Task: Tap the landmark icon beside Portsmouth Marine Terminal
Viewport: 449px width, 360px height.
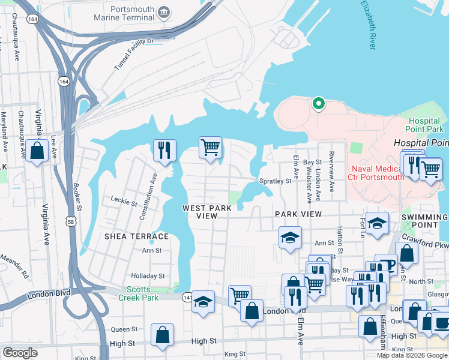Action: (163, 11)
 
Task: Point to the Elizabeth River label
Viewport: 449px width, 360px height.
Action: (369, 24)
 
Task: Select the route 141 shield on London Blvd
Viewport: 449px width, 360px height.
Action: (188, 296)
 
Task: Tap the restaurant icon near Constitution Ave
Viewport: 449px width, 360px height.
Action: (164, 151)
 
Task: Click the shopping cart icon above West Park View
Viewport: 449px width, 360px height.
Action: (210, 147)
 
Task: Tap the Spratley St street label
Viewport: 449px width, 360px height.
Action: (275, 181)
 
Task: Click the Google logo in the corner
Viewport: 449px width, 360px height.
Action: (20, 353)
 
